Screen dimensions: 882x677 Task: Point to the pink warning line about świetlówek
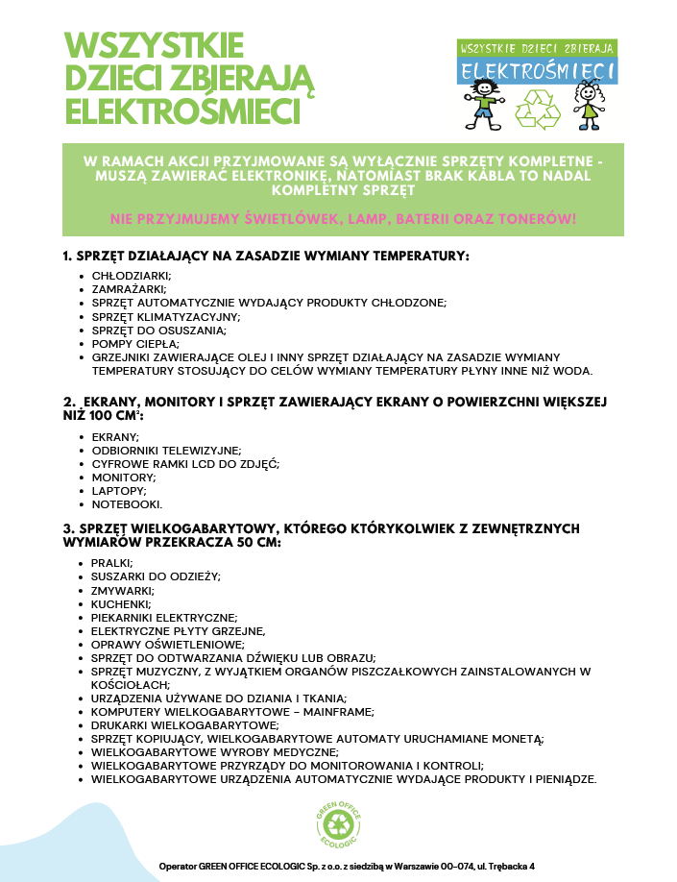point(343,219)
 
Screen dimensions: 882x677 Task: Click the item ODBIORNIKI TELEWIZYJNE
point(166,451)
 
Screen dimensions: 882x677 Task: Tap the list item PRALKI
point(112,563)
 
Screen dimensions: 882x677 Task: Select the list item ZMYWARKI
point(122,590)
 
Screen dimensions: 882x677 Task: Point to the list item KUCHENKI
point(122,603)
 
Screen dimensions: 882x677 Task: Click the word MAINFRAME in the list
point(339,712)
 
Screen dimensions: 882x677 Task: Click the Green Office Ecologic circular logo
point(339,823)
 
